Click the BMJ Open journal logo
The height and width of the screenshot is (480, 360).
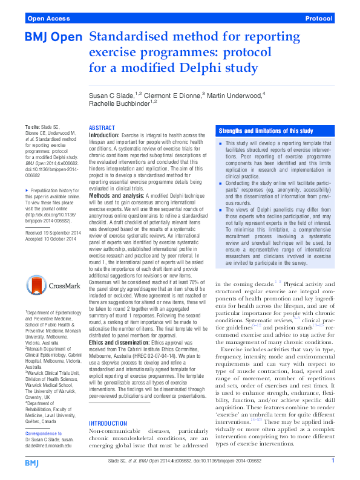point(53,37)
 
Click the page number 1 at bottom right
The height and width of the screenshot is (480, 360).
point(333,461)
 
